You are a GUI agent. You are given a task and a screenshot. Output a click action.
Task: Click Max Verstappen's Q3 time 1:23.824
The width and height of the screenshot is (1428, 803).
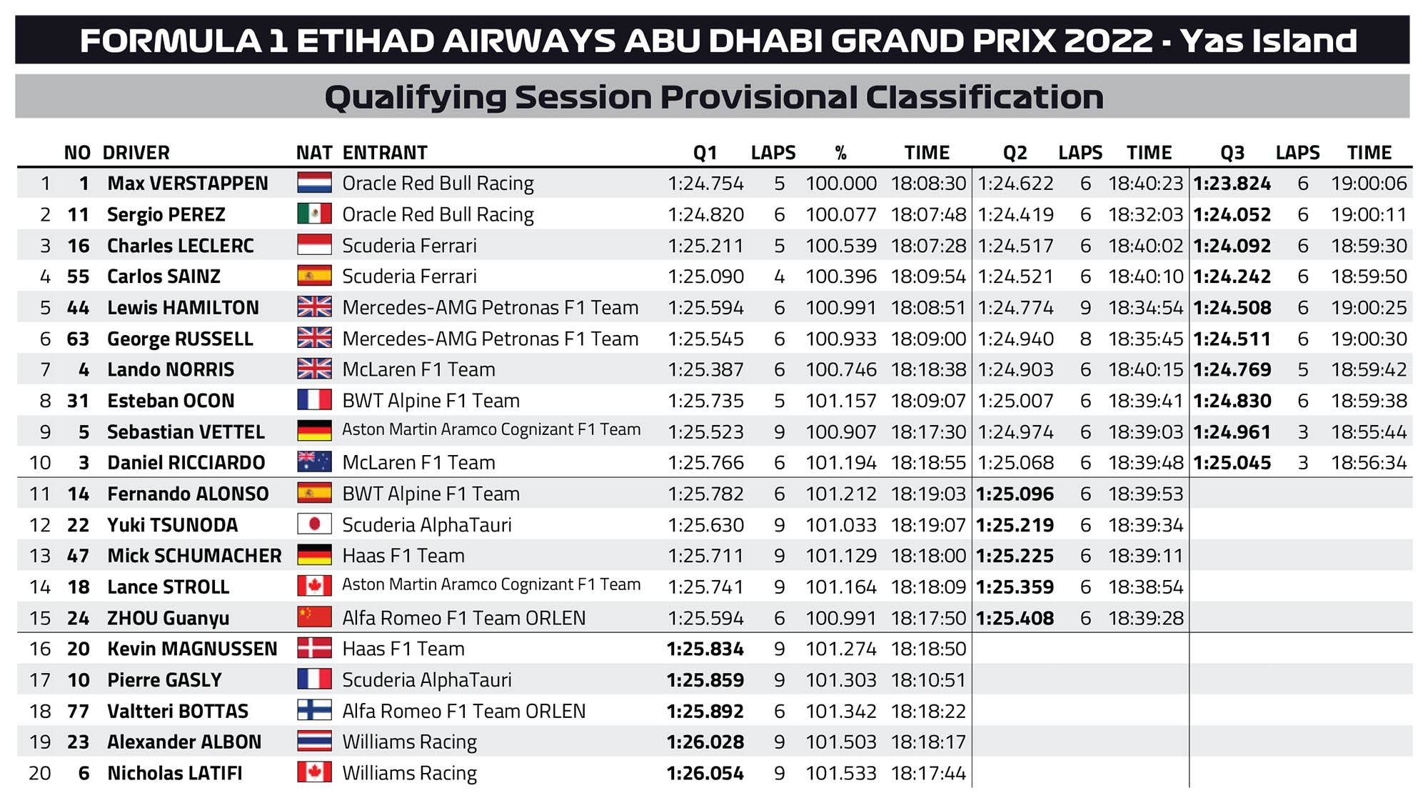click(x=1232, y=184)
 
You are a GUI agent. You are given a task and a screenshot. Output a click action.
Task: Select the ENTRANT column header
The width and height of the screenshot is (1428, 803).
click(x=385, y=153)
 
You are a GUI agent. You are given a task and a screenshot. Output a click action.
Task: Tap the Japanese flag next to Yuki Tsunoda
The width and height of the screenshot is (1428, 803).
click(x=314, y=524)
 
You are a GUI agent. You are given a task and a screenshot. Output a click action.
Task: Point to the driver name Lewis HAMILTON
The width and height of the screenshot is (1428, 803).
click(x=183, y=308)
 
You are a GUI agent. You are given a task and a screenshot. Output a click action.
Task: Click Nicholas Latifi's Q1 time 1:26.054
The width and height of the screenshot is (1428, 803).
click(x=705, y=773)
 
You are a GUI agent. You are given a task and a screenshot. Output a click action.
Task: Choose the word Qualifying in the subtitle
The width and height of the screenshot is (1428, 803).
click(x=415, y=98)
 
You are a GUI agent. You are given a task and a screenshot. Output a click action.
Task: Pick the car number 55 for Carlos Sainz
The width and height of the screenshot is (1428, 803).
click(x=78, y=276)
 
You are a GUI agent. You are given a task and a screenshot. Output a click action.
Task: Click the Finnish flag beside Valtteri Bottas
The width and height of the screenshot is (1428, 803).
click(x=314, y=710)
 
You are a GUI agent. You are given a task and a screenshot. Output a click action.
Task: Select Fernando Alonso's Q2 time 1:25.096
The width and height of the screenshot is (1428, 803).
click(x=1015, y=494)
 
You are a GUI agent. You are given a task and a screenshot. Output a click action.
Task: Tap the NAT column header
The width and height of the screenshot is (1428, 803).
click(x=314, y=153)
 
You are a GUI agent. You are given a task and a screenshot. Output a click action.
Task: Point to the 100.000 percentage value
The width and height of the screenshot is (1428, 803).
click(x=841, y=184)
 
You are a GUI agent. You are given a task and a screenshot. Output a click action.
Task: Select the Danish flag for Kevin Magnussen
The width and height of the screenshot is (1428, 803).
click(x=314, y=648)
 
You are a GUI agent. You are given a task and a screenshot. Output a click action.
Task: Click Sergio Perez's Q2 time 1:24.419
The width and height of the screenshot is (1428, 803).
click(x=1015, y=214)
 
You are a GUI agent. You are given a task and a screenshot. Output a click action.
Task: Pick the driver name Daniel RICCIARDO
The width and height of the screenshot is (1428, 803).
click(x=186, y=463)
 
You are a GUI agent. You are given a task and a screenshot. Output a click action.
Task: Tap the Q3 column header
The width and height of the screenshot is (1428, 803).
click(x=1232, y=153)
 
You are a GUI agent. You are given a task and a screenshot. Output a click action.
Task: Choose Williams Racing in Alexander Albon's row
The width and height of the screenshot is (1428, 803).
click(x=409, y=742)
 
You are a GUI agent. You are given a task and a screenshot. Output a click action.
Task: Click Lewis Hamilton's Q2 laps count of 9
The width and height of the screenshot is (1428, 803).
click(x=1085, y=308)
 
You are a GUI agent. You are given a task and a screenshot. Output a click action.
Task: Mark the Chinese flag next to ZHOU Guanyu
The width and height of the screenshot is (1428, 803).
click(x=314, y=617)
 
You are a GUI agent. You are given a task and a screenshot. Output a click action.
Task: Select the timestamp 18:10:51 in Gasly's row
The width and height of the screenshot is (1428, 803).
click(x=928, y=679)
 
